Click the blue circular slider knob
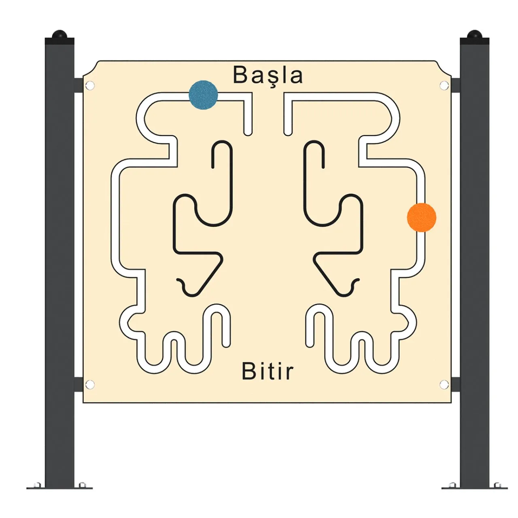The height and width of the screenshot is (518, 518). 203,95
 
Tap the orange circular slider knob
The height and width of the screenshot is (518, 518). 421,217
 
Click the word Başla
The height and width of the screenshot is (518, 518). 268,75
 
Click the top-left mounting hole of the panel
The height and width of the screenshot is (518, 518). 89,86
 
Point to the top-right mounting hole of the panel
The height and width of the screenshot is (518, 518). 444,86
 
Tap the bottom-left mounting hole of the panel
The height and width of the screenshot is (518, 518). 89,384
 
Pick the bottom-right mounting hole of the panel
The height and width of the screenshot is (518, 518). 444,384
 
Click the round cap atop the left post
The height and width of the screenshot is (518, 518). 59,34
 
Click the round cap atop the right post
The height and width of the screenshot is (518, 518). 474,34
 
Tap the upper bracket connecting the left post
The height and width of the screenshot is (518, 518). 79,85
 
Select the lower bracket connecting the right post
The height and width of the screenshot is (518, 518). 455,384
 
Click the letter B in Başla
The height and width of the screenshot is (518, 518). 240,74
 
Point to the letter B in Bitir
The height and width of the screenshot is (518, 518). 248,371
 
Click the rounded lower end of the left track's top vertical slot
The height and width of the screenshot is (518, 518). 248,132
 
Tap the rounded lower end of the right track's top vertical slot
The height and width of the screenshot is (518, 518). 288,132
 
